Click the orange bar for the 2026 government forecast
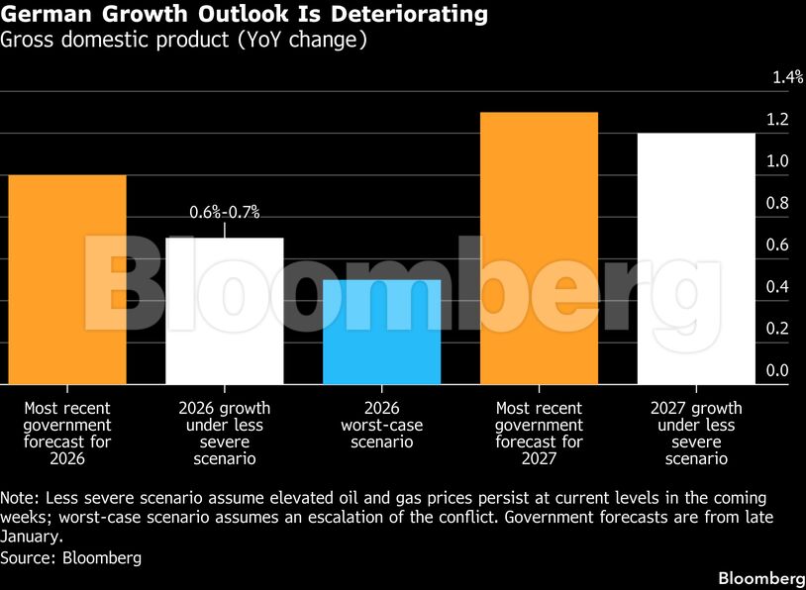[67, 279]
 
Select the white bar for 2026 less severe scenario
[225, 311]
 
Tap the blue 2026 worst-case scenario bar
[382, 332]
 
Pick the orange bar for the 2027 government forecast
[539, 247]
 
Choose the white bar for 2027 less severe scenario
[696, 258]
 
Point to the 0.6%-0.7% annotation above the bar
[225, 212]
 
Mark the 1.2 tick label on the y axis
[777, 120]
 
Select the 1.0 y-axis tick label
[777, 161]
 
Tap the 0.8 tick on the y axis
[777, 203]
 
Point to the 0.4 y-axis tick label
[777, 287]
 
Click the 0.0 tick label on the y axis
[777, 370]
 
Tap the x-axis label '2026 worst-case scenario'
[382, 426]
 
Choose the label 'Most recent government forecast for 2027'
[539, 434]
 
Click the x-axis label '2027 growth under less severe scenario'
[696, 434]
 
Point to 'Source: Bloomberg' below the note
[71, 558]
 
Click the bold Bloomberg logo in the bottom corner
[760, 577]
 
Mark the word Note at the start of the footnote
[19, 498]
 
